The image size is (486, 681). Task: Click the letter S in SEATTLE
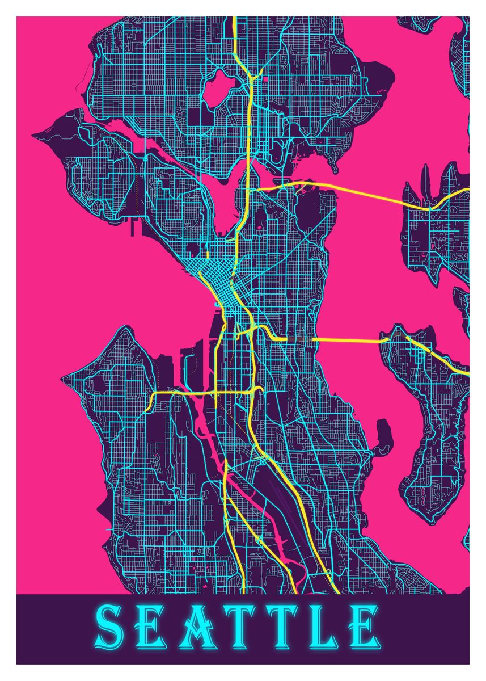pos(111,628)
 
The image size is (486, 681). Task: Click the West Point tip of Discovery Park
pos(35,136)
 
